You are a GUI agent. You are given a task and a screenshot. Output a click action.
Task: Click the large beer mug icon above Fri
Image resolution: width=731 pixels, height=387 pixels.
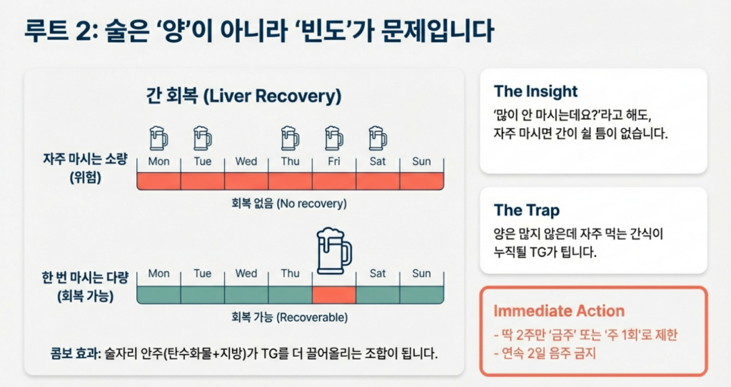coord(334,251)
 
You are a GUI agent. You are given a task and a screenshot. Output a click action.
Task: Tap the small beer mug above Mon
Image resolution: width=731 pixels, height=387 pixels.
coord(158,137)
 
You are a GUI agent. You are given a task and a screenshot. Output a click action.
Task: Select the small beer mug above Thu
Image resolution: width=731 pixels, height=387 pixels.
coord(290,137)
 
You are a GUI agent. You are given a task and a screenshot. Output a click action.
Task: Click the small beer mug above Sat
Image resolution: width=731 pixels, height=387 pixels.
coord(378,137)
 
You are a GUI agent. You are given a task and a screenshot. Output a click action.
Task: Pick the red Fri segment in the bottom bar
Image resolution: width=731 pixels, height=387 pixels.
coord(334,294)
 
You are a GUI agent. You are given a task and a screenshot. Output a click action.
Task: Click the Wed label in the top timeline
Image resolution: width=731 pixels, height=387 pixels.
coord(246,161)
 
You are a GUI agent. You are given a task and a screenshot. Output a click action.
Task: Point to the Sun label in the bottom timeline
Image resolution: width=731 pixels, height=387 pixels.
coord(421,273)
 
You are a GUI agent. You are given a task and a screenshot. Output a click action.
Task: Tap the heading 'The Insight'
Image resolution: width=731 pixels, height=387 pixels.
coord(535,91)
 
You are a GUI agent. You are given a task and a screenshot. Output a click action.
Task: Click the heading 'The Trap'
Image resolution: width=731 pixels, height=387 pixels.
coord(526,210)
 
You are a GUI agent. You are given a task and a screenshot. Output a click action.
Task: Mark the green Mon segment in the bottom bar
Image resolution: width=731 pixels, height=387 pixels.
coord(158,294)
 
